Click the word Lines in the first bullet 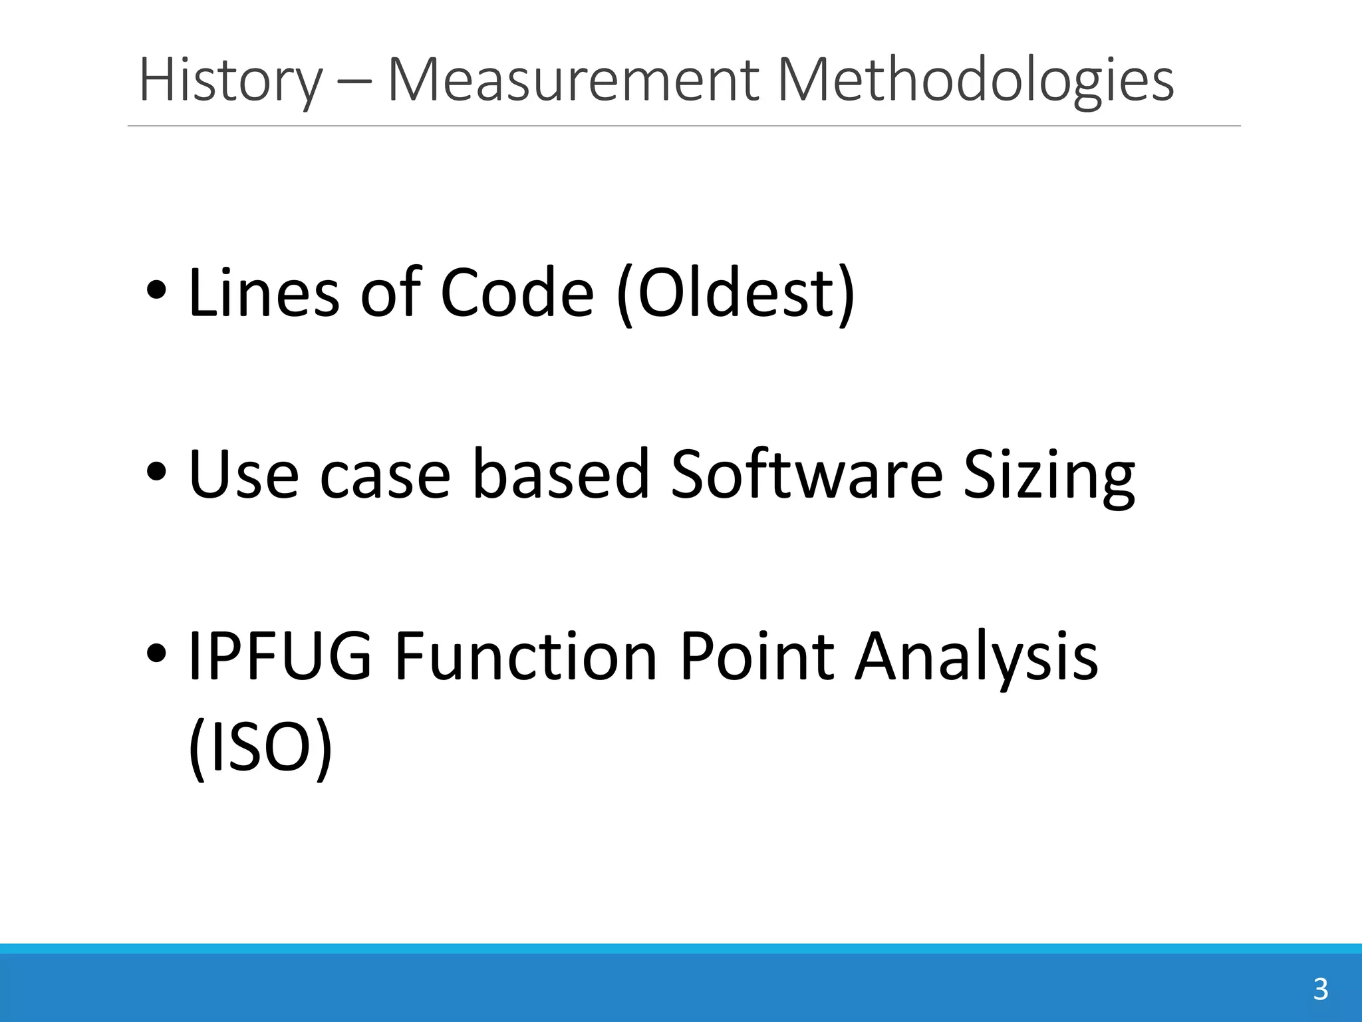pyautogui.click(x=263, y=293)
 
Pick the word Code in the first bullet pyautogui.click(x=517, y=293)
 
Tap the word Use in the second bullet pyautogui.click(x=243, y=474)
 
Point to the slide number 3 pyautogui.click(x=1321, y=989)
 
